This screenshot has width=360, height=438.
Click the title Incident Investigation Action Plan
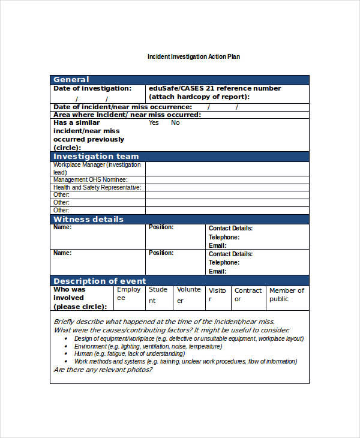(194, 57)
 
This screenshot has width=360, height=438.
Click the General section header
(71, 80)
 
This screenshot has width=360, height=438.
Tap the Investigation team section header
(96, 157)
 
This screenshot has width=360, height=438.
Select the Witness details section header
(88, 220)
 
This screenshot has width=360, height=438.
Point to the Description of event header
(100, 281)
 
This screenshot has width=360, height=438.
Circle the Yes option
(154, 122)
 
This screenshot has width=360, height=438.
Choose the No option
(175, 122)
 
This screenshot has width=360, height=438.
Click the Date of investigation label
(92, 88)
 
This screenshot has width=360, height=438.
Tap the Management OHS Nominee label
(90, 179)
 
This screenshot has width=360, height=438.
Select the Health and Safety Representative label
(97, 187)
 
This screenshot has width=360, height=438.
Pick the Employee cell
(129, 294)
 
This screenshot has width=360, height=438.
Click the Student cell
(158, 295)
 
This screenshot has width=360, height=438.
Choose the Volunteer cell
(189, 295)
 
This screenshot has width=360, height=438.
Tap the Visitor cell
(218, 295)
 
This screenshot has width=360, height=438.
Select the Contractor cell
(248, 295)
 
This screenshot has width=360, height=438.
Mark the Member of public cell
(287, 295)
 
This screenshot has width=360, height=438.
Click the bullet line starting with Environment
(147, 346)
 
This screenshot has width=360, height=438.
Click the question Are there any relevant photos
(103, 370)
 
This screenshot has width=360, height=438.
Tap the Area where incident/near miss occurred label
(127, 115)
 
